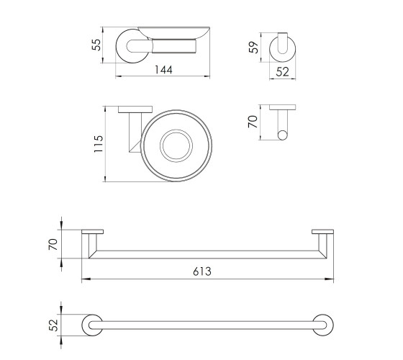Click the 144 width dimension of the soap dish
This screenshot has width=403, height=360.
coord(163,70)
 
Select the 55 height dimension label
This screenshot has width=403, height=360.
coord(96,45)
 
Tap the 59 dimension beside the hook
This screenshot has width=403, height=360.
coord(253,47)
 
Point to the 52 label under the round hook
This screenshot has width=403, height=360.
coord(282,72)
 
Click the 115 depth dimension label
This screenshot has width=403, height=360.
coord(99,144)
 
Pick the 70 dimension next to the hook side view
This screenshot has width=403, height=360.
coord(253,122)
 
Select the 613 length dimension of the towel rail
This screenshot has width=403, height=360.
coord(202,271)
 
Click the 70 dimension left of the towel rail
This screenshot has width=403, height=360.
coord(53,244)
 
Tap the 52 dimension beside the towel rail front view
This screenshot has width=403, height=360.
coord(53,325)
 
